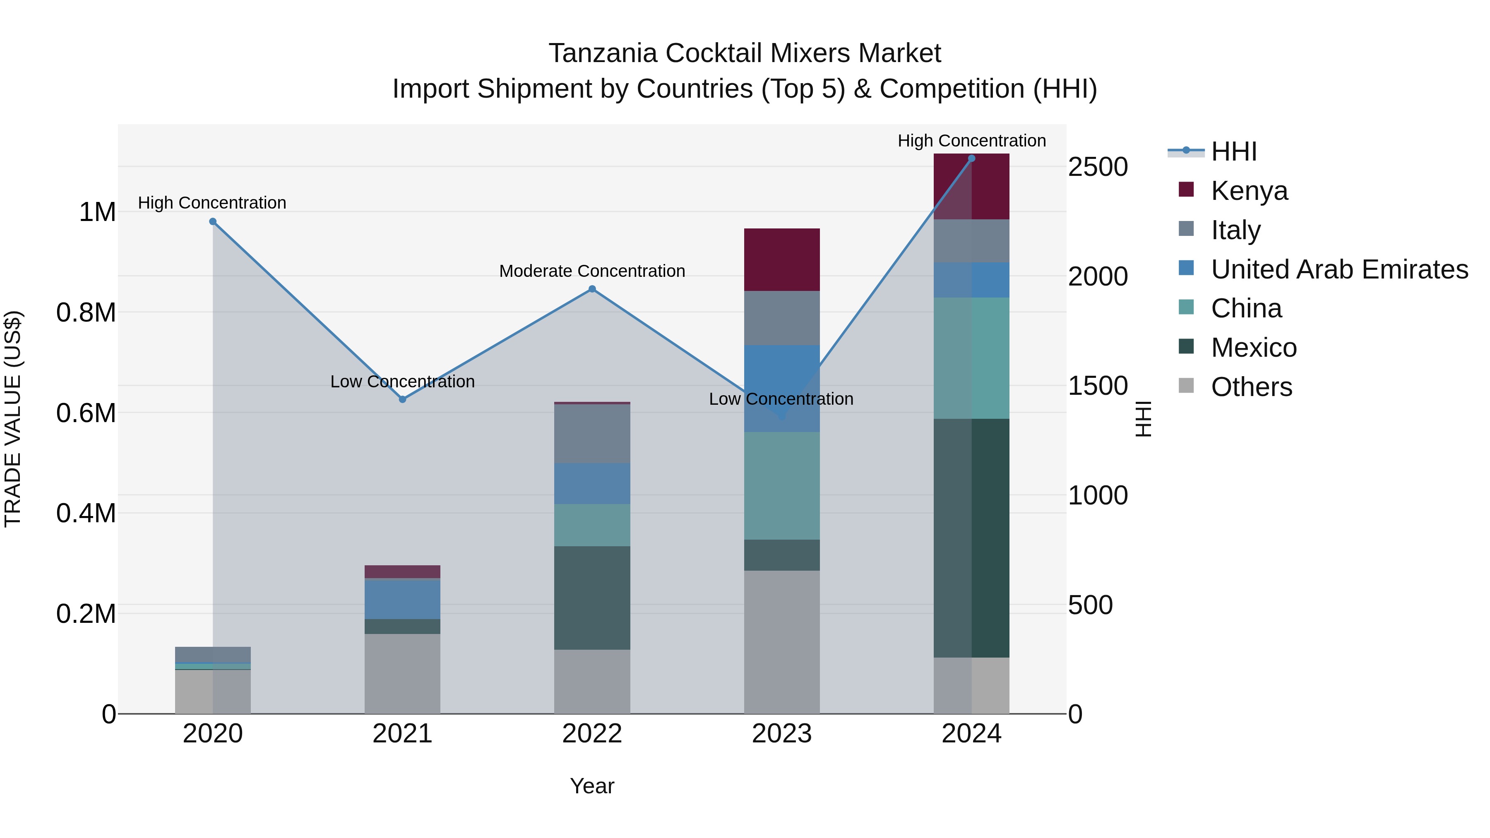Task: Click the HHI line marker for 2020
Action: tap(213, 221)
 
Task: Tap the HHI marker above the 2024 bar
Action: tap(972, 158)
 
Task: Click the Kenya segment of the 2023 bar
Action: tap(781, 259)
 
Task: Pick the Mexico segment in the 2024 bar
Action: tap(972, 538)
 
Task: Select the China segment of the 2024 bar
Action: tap(972, 358)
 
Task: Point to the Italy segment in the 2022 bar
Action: tap(592, 433)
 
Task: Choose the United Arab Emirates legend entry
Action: tap(1339, 269)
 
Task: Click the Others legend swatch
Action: tap(1186, 386)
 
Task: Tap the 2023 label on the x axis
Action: tap(781, 734)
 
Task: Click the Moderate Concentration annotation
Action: tap(592, 271)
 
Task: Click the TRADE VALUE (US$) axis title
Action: tap(13, 419)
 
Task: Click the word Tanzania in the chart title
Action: tap(603, 53)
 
